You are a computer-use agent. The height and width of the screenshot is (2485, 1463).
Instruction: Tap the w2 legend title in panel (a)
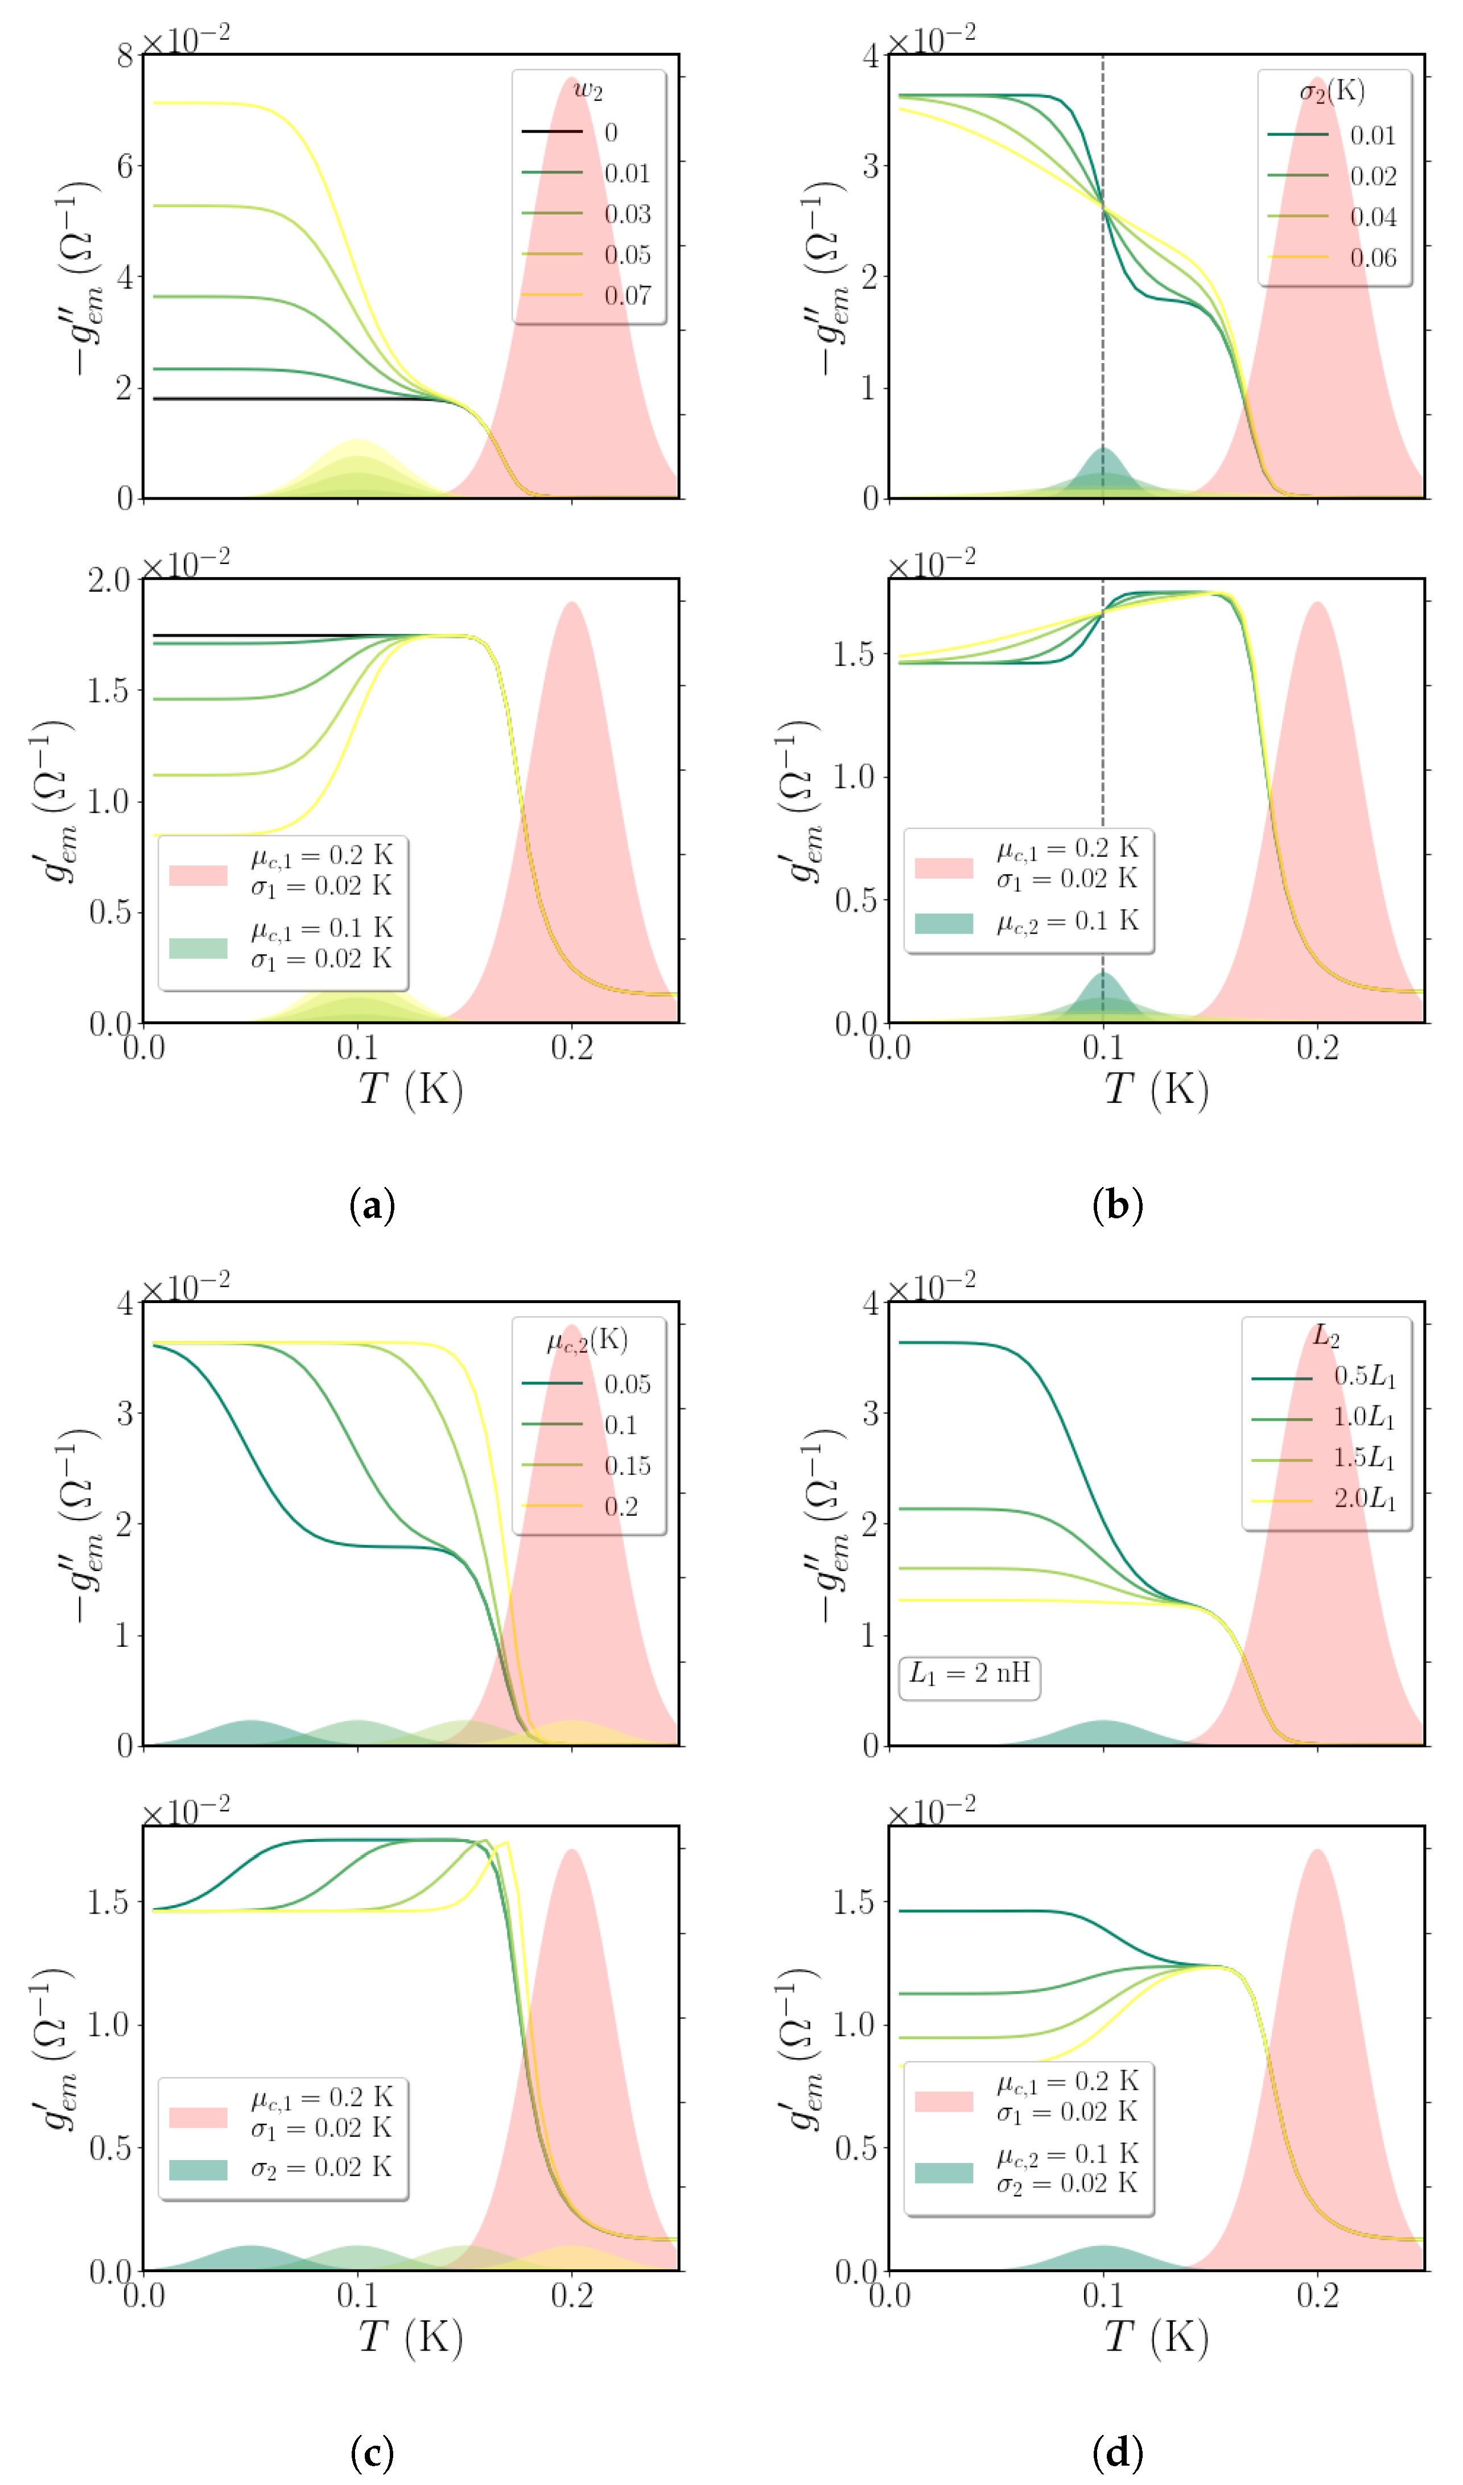pyautogui.click(x=588, y=90)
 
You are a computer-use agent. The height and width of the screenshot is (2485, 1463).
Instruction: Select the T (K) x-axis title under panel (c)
pyautogui.click(x=410, y=2337)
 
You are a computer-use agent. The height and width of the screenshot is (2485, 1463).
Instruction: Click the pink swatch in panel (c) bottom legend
pyautogui.click(x=198, y=2117)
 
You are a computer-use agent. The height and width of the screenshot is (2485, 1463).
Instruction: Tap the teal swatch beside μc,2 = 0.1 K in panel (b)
pyautogui.click(x=943, y=923)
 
